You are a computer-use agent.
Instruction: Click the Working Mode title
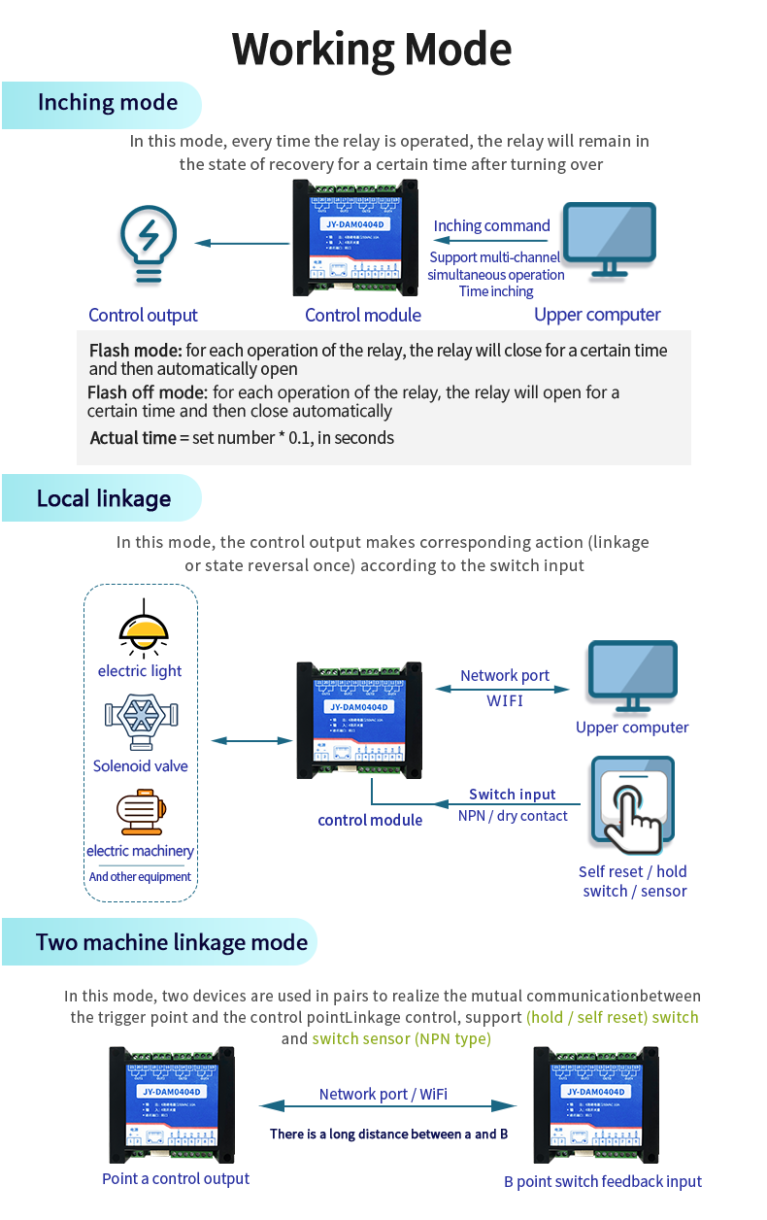click(372, 50)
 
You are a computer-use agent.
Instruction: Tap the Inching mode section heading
click(107, 103)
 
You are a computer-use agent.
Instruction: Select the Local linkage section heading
click(103, 499)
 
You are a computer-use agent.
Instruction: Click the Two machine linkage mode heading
click(171, 942)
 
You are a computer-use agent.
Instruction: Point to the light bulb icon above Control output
click(148, 244)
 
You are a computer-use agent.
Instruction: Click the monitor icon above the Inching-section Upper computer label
click(610, 239)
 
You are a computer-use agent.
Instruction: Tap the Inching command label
click(491, 226)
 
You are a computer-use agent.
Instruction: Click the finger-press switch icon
click(632, 806)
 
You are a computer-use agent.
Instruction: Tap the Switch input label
click(513, 795)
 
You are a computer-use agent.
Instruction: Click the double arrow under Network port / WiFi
click(387, 1105)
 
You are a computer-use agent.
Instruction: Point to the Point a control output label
click(176, 1179)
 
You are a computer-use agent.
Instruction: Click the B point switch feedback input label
click(602, 1182)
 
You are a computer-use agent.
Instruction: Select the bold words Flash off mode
click(148, 392)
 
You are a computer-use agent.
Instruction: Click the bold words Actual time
click(133, 438)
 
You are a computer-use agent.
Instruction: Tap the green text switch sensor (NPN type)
click(401, 1039)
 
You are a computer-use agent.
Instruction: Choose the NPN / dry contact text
click(513, 816)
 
